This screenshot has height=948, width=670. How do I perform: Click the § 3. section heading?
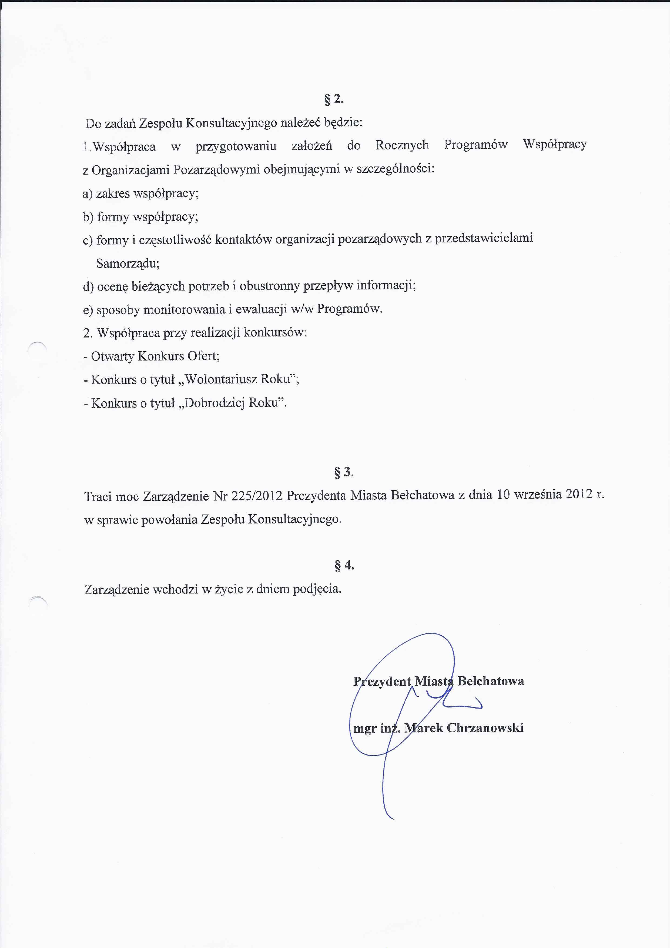343,472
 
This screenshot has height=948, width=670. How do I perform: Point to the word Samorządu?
128,263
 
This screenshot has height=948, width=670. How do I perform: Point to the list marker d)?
88,286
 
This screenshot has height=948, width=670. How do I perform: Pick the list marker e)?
88,310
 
